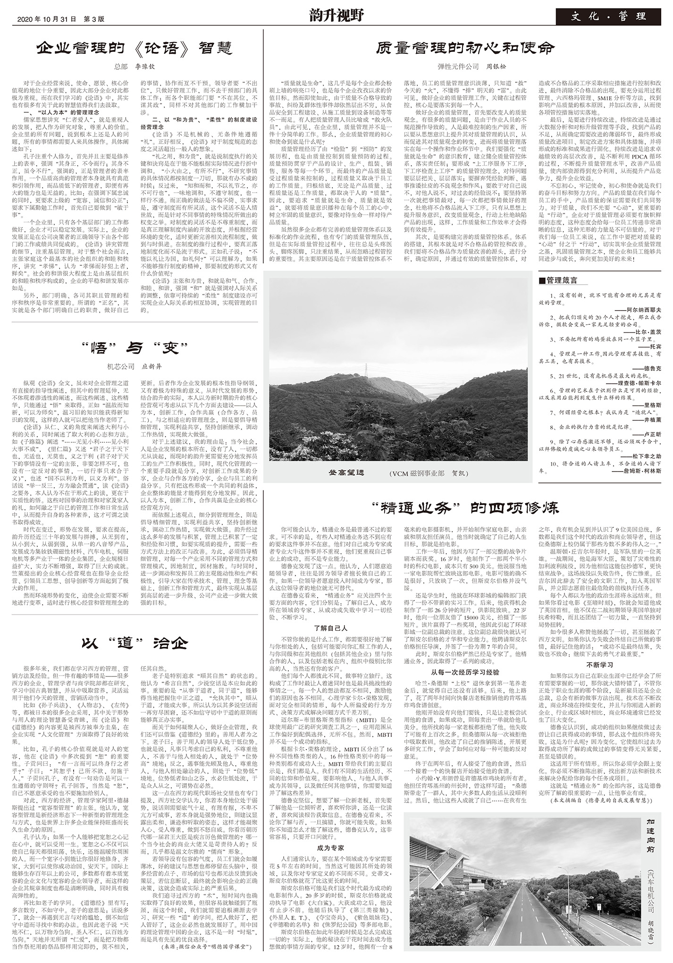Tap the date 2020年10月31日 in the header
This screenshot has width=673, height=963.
click(x=46, y=19)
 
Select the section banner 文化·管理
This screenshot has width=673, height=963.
click(x=608, y=17)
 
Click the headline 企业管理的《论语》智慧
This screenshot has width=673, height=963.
click(x=135, y=48)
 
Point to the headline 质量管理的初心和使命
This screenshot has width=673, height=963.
click(x=465, y=48)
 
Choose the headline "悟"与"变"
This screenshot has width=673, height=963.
click(x=135, y=348)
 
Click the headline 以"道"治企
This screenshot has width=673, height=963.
click(x=135, y=643)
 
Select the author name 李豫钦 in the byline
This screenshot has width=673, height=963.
click(x=145, y=67)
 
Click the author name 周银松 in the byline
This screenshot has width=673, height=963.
click(x=496, y=67)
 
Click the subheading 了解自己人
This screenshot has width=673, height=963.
click(x=330, y=628)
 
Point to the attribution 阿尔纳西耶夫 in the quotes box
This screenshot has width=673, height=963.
click(x=644, y=310)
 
